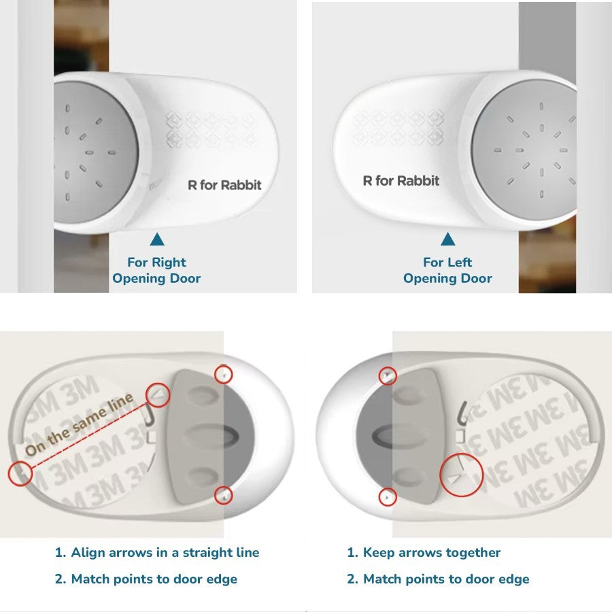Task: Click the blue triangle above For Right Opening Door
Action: click(x=157, y=239)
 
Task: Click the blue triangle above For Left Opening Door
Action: click(x=447, y=239)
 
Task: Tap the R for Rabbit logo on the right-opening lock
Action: click(x=224, y=184)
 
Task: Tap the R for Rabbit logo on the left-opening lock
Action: click(x=401, y=181)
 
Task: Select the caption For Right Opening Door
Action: click(x=156, y=270)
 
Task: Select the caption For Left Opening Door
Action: click(x=447, y=270)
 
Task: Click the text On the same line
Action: click(x=79, y=424)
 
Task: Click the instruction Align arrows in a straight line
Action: click(x=157, y=552)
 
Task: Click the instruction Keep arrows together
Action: click(x=424, y=552)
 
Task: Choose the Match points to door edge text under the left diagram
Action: click(x=146, y=579)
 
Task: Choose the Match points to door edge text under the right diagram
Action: click(x=438, y=579)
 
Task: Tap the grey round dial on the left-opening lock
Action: click(x=524, y=150)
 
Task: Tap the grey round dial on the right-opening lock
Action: click(x=96, y=152)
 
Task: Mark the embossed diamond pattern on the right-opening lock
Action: click(x=211, y=129)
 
